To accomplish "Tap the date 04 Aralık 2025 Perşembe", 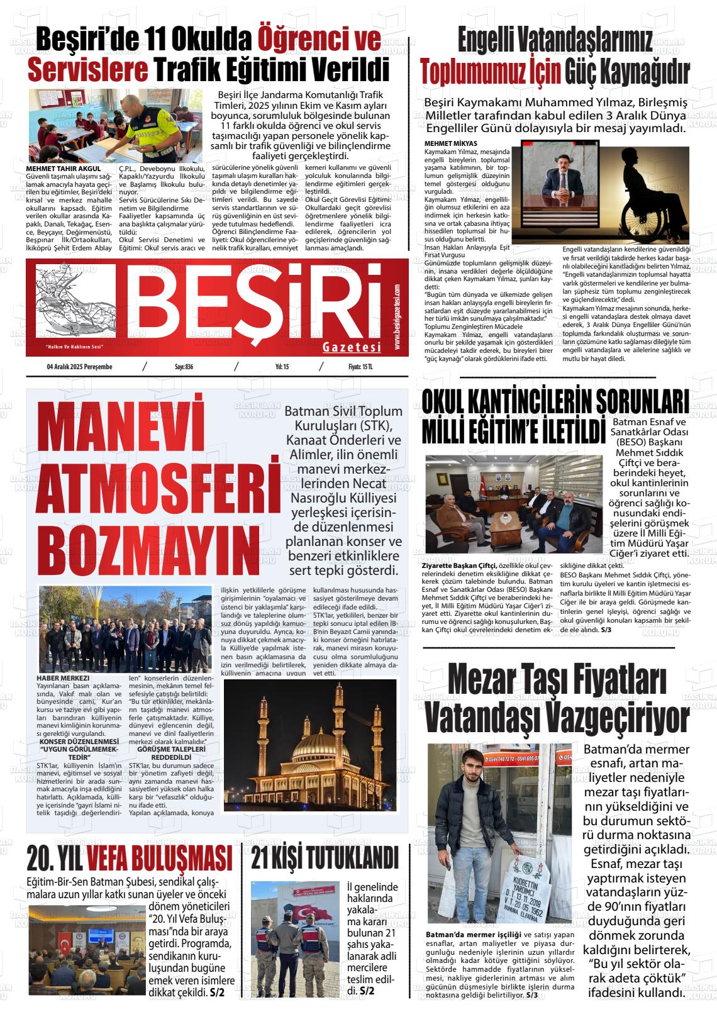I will coord(79,367).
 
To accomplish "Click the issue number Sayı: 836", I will coord(184,367).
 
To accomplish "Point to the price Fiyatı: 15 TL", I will coord(360,367).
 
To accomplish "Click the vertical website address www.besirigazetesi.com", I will coord(397,318).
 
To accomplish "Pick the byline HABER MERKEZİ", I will coord(64,678).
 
